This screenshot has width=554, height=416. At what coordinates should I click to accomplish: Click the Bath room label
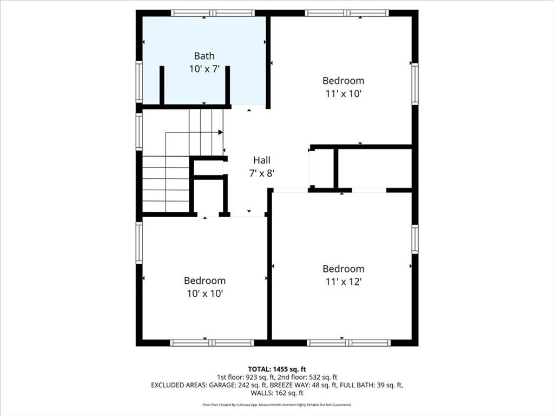click(x=204, y=56)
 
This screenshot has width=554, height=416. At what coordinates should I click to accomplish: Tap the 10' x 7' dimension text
click(x=204, y=69)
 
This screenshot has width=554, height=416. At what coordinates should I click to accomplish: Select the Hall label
click(x=262, y=160)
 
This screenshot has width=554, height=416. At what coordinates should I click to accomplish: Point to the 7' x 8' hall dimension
click(x=262, y=173)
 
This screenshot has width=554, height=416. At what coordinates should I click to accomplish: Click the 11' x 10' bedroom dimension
click(x=343, y=93)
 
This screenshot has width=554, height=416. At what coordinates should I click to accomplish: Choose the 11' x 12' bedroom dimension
click(x=343, y=282)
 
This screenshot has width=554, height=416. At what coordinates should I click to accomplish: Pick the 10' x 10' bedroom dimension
click(x=204, y=294)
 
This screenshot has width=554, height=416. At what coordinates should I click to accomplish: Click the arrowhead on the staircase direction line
click(x=221, y=132)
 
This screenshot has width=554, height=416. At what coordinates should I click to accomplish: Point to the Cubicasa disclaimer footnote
click(x=277, y=405)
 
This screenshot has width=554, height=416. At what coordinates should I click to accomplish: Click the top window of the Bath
click(x=212, y=13)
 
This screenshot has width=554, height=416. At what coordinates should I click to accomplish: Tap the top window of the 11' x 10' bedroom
click(x=346, y=13)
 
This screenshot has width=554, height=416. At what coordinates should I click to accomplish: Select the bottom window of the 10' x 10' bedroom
click(x=212, y=342)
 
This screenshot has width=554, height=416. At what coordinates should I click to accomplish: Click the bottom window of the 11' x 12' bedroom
click(x=348, y=342)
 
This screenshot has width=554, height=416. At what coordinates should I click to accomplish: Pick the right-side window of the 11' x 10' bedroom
click(x=414, y=84)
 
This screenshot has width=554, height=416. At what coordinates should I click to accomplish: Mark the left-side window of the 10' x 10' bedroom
click(x=139, y=243)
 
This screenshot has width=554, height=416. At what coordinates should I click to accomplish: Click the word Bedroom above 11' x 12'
click(x=343, y=269)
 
